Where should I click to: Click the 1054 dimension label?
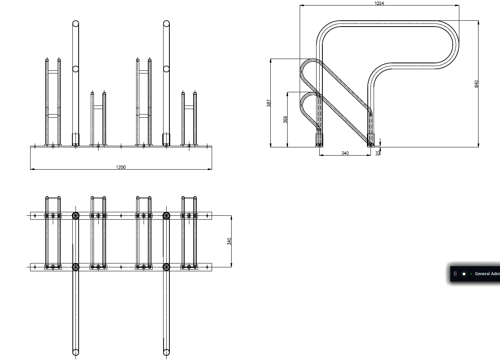tap(379, 3)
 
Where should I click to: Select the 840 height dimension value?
tap(477, 84)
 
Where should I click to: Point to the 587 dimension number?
tap(268, 103)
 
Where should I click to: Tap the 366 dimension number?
tap(285, 119)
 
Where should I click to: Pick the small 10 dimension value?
tap(378, 153)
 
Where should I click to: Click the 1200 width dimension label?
tap(121, 167)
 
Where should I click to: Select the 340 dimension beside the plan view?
tap(229, 241)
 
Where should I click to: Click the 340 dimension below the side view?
tap(345, 153)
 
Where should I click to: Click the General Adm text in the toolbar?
tap(487, 274)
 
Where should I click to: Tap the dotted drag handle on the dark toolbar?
tap(455, 274)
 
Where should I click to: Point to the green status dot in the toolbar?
tap(471, 274)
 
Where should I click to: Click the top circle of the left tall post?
tap(76, 23)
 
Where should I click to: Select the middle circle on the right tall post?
tap(166, 69)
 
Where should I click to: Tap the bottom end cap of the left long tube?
tap(76, 353)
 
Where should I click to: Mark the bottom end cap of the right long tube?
tap(166, 353)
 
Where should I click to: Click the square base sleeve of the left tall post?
tap(76, 140)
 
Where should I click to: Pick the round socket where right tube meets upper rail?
tap(166, 216)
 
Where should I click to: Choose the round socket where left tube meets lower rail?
tap(76, 267)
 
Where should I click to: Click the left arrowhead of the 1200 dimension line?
tap(32, 169)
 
